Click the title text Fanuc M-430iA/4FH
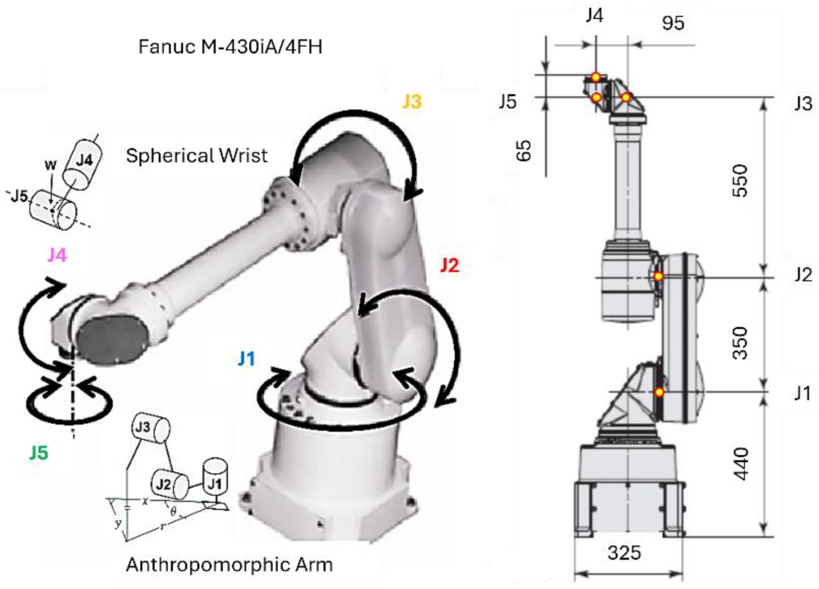tap(230, 47)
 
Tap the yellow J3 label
tap(412, 101)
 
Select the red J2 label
tap(449, 265)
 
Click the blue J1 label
tap(246, 359)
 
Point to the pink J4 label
tap(58, 255)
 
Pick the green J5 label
tap(39, 453)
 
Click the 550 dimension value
tap(741, 181)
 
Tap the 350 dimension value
tap(741, 343)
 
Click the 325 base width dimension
tap(624, 553)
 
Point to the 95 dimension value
tap(673, 23)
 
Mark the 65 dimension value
tap(523, 151)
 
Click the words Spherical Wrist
tap(197, 156)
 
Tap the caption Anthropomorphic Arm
tap(229, 565)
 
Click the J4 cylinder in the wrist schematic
tap(83, 165)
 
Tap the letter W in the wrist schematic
tap(51, 165)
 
